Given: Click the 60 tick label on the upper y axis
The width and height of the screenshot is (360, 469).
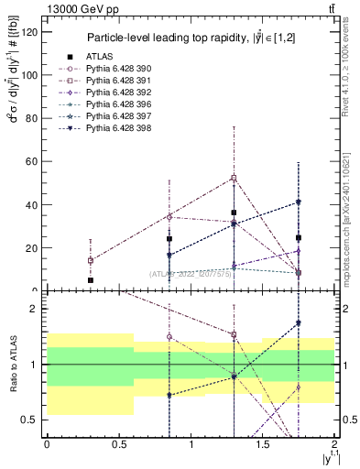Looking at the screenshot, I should [x=32, y=161].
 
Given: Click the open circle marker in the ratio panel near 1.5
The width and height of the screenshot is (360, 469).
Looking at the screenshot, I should [x=169, y=337].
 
